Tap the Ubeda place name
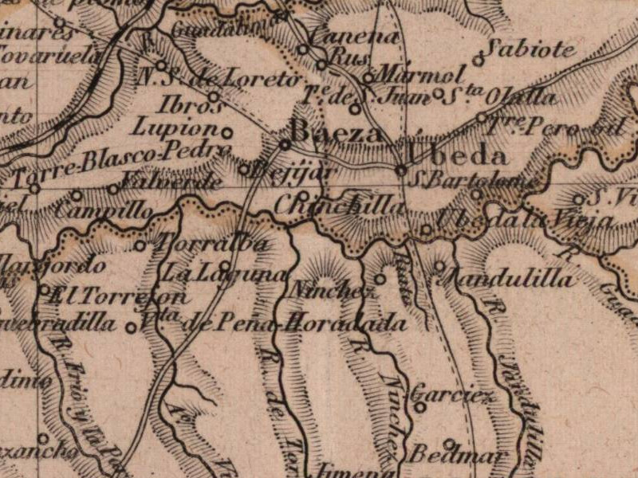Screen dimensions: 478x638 click(x=456, y=155)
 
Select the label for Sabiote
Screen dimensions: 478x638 click(x=532, y=49)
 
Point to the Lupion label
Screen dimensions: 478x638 click(x=175, y=128)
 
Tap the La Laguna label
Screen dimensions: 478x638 click(x=225, y=273)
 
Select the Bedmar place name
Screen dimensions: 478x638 click(x=458, y=456)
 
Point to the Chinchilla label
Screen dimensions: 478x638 click(x=339, y=205)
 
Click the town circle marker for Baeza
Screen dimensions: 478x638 click(x=284, y=144)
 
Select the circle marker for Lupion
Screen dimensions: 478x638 click(x=227, y=132)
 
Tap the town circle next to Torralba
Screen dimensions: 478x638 click(x=140, y=245)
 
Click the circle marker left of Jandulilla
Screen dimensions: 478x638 click(x=439, y=265)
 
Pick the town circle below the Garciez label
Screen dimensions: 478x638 click(x=420, y=407)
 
